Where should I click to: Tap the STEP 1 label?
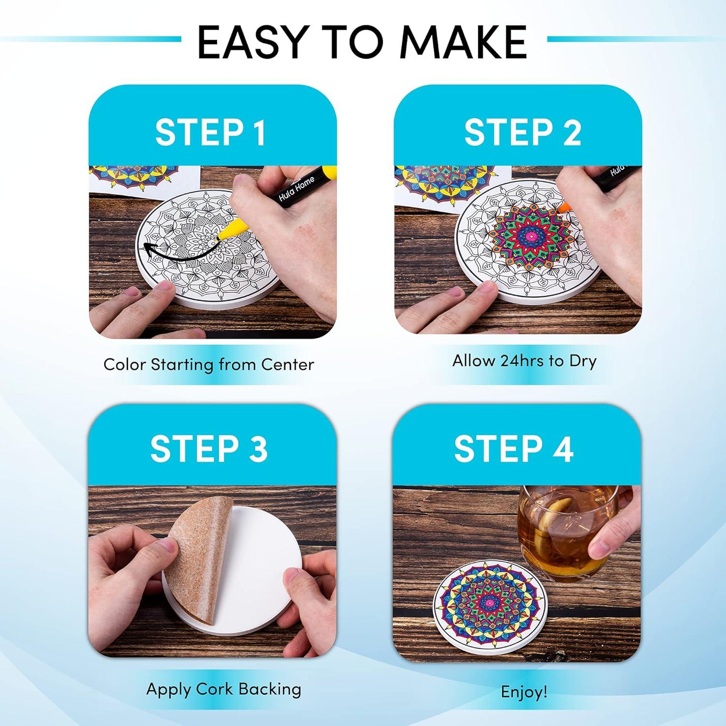211,132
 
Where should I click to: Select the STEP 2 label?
523,132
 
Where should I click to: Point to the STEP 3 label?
209,448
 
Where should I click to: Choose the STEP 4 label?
514,448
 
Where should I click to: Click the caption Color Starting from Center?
209,364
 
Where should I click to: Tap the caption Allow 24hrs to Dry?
524,361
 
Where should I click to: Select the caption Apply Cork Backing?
224,689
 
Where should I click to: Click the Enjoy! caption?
524,692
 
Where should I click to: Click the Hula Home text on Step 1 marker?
296,189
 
